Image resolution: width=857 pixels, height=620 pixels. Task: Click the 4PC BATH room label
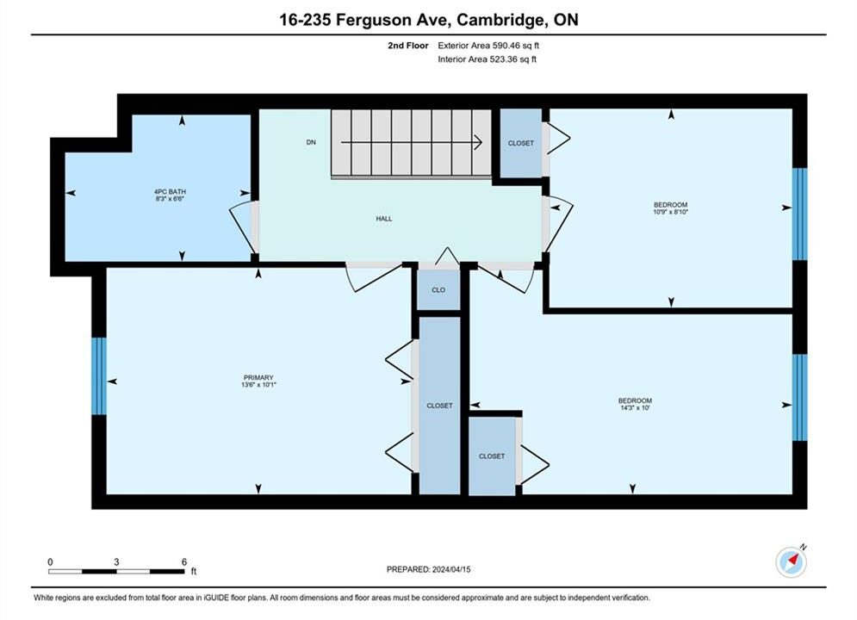coord(170,192)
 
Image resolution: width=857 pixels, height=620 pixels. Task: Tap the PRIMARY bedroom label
coord(258,377)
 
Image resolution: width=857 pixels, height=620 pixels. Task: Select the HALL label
coord(383,219)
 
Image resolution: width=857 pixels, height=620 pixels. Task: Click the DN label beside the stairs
coord(311,143)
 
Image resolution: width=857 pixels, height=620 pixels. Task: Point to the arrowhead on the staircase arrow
coord(478,143)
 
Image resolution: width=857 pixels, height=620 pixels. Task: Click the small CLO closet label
coord(438,290)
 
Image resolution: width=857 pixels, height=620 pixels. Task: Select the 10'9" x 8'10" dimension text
coord(671,211)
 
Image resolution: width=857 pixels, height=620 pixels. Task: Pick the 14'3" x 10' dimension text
coord(635,407)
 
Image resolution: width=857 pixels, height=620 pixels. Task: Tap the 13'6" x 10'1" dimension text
coord(258,385)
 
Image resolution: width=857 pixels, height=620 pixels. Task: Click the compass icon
coord(791,561)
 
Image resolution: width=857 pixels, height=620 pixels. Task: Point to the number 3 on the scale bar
coord(116,561)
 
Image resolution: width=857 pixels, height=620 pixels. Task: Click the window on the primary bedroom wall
coord(99,375)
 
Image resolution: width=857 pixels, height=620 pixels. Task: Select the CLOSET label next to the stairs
coord(521,143)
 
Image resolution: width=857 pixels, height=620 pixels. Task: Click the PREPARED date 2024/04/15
coord(451,569)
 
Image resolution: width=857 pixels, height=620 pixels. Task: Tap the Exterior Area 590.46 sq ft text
coord(488,46)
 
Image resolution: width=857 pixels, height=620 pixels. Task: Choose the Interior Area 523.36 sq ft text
coord(487,59)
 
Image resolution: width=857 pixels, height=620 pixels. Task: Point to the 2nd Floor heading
coord(408,46)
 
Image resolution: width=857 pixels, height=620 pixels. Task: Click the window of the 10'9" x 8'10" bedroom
coord(799,214)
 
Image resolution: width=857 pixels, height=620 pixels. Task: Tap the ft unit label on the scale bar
coord(194,572)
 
